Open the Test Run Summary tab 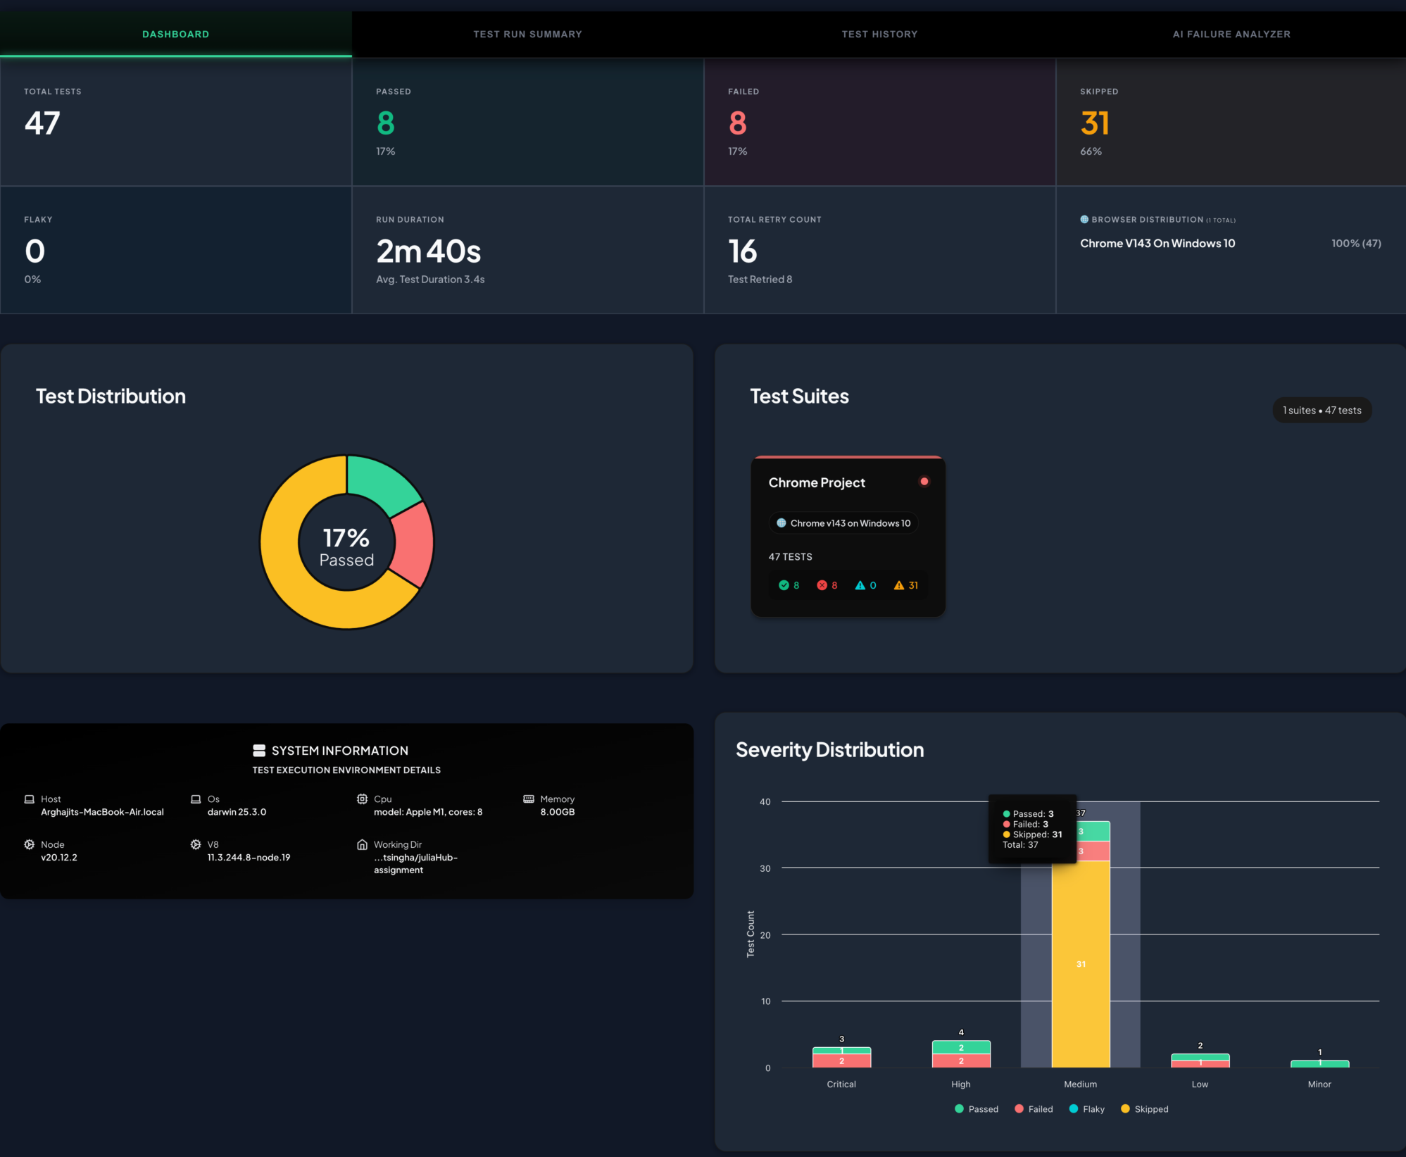click(x=527, y=34)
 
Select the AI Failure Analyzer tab click(x=1231, y=34)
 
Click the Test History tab click(x=879, y=34)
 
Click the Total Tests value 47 click(x=42, y=123)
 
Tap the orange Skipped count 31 click(x=1095, y=123)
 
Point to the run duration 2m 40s click(x=428, y=251)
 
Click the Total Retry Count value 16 click(x=742, y=251)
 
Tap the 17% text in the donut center click(x=346, y=538)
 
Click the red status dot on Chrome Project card click(x=924, y=482)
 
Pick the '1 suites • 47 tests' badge click(x=1322, y=411)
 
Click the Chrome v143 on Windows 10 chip click(x=843, y=523)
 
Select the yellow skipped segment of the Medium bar click(x=1081, y=963)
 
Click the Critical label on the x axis click(x=841, y=1084)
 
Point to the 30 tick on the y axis click(x=765, y=868)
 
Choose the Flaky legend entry click(x=1087, y=1109)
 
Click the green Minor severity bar click(x=1319, y=1064)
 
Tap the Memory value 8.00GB click(x=558, y=812)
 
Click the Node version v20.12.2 click(x=59, y=858)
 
